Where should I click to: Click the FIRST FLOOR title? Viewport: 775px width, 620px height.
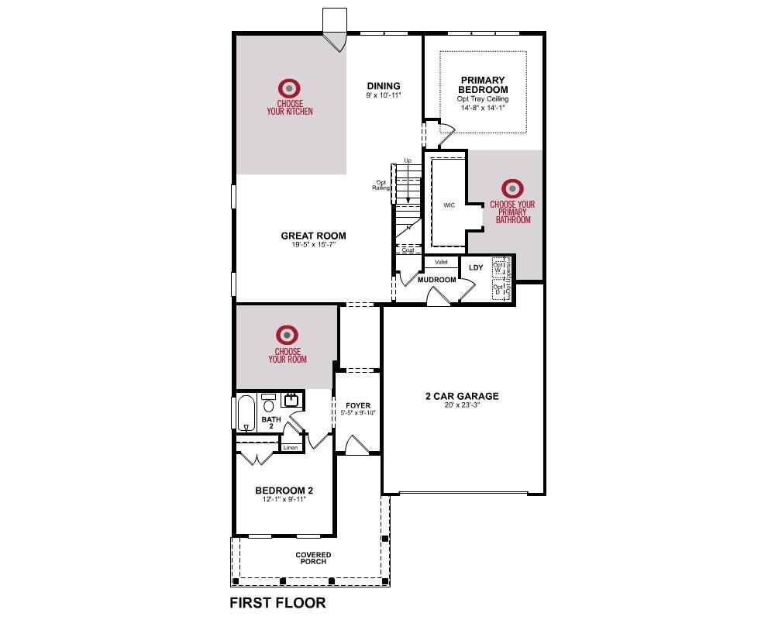[x=277, y=602]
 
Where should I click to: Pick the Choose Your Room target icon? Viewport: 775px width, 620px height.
[x=288, y=335]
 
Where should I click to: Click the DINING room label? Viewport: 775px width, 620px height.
[x=384, y=86]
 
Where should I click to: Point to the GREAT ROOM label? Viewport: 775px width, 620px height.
[x=313, y=236]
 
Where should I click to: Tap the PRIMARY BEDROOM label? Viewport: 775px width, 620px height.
[x=483, y=84]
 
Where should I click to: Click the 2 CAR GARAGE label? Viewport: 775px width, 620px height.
[x=462, y=396]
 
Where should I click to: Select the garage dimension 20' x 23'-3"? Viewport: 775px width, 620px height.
[x=462, y=405]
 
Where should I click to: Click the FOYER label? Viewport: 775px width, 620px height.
[x=358, y=405]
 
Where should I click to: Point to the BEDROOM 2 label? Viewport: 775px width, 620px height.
[x=284, y=490]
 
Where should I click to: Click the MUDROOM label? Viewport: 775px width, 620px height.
[x=436, y=280]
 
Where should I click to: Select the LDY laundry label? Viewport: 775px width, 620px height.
[x=476, y=268]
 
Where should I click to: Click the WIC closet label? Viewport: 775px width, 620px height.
[x=449, y=205]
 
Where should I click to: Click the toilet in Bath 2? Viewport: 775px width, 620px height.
[x=269, y=405]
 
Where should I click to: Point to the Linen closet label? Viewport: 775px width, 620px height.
[x=290, y=448]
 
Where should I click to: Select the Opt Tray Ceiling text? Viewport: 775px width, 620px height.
[x=482, y=99]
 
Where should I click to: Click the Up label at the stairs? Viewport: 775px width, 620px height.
[x=408, y=160]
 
